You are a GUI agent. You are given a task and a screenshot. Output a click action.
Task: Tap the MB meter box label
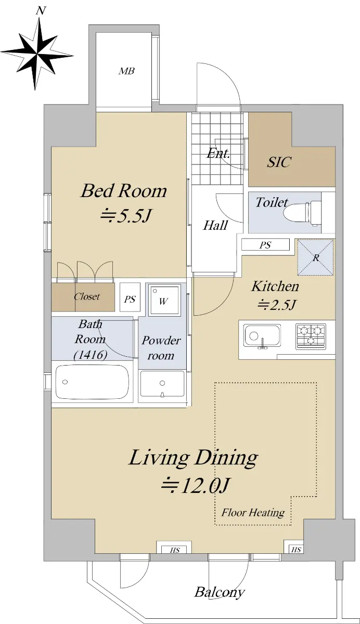click(x=126, y=71)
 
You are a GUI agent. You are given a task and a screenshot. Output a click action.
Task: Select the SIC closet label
click(x=279, y=162)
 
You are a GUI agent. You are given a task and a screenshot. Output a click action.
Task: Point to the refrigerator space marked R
click(x=315, y=257)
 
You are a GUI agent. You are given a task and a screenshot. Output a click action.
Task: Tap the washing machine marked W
click(x=163, y=300)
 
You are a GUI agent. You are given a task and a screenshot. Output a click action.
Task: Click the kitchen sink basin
click(x=262, y=336)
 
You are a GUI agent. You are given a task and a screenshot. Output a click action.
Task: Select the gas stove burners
click(x=311, y=336)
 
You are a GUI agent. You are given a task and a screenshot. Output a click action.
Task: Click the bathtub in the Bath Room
click(x=92, y=382)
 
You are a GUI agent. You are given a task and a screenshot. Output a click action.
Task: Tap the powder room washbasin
click(x=162, y=384)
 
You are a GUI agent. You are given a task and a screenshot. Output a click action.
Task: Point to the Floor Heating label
click(x=253, y=512)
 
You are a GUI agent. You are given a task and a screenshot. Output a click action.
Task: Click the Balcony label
click(x=220, y=591)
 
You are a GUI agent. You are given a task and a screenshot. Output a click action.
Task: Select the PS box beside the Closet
click(x=130, y=297)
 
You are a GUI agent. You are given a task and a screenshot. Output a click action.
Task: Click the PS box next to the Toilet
click(x=265, y=245)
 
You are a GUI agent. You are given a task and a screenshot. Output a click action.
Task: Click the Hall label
click(x=215, y=225)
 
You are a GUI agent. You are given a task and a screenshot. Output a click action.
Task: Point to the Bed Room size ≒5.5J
click(x=126, y=216)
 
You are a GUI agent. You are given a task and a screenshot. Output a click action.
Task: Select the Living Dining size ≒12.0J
click(x=195, y=486)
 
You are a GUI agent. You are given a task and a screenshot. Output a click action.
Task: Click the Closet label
click(x=87, y=296)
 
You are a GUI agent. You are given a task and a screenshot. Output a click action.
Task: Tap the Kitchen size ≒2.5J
click(x=276, y=305)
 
